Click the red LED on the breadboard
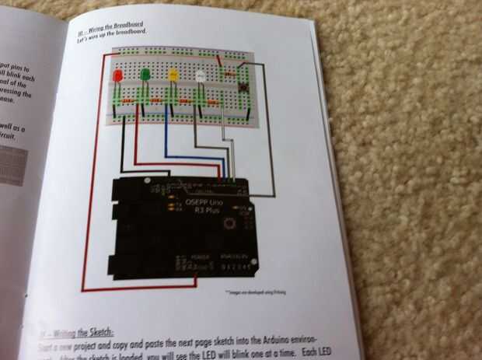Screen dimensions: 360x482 point(117,77)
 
